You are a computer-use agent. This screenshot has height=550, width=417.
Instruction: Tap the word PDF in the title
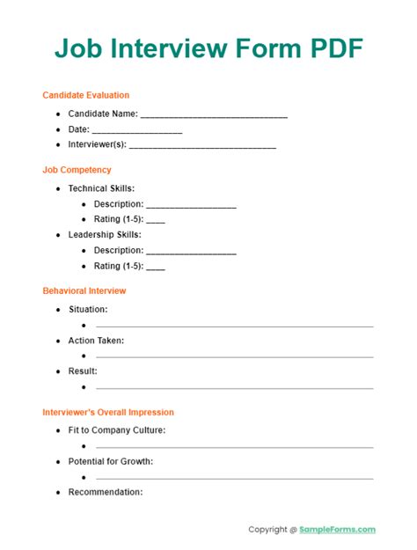(333, 48)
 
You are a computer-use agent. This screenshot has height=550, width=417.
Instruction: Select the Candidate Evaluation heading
(86, 95)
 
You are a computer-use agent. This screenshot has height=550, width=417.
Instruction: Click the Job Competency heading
(77, 170)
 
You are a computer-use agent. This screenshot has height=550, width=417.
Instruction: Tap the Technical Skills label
(101, 188)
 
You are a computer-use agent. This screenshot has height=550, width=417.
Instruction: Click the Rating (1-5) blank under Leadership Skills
(156, 268)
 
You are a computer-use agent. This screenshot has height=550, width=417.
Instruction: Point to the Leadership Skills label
(105, 235)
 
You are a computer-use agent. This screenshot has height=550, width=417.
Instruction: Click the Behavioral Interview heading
(84, 290)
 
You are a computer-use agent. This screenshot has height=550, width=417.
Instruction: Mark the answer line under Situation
(234, 326)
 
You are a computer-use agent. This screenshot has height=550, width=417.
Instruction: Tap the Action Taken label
(96, 341)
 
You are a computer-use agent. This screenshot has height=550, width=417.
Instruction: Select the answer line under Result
(234, 388)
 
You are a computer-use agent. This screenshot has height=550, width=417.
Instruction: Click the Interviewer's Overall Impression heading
(108, 412)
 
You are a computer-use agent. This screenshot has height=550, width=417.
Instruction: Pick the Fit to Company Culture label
(117, 430)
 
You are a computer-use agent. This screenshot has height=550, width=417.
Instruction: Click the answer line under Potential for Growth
(234, 478)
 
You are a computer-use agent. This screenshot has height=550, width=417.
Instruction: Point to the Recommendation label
(106, 492)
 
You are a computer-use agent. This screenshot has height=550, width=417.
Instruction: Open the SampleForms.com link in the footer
(338, 530)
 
